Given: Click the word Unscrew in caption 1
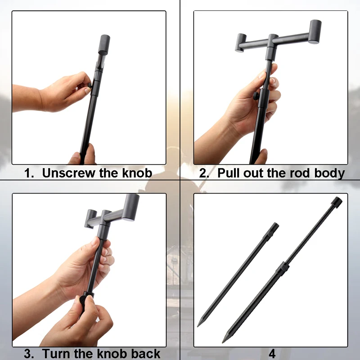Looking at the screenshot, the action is coord(69,173).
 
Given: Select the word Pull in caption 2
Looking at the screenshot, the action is coord(229,173).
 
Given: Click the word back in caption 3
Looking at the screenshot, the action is coord(145,354).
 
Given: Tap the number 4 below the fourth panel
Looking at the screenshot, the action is coord(272,354).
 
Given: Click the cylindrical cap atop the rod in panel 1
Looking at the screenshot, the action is coord(104,45).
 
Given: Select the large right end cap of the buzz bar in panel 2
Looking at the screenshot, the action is coord(315,31).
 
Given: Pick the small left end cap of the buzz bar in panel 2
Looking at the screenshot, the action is coord(241,43).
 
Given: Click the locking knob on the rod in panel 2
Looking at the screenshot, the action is coord(256,96).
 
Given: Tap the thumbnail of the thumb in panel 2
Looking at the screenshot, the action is coord(262,75).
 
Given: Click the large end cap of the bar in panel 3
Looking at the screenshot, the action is coord(130,207).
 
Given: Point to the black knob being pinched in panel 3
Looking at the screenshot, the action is coord(83,301).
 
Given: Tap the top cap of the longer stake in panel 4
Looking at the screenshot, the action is coord(337,202).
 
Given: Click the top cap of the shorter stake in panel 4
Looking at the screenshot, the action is coord(274,227).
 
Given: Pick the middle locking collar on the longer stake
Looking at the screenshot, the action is coord(283,268).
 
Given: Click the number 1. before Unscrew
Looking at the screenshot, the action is coord(29,173).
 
